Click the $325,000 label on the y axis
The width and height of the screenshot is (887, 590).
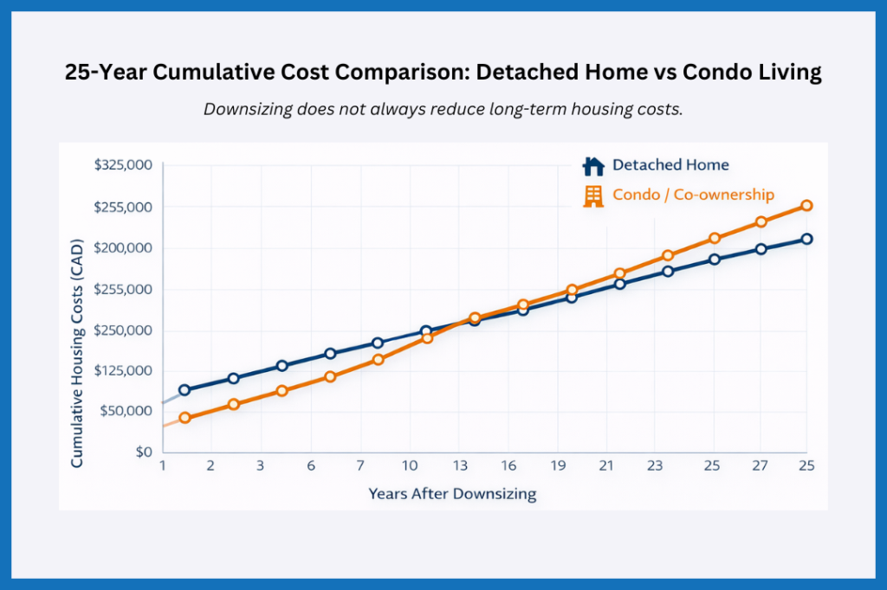point(122,165)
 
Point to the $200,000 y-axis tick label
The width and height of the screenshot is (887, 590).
point(122,248)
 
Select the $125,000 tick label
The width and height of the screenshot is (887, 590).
point(122,370)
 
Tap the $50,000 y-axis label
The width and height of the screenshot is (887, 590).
point(126,411)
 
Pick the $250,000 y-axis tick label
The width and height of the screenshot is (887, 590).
point(122,330)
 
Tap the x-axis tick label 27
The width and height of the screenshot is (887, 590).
point(760,465)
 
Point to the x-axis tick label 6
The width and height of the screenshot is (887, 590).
point(310,465)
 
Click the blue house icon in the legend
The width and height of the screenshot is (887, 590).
point(593,165)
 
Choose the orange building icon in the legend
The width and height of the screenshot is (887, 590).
point(593,196)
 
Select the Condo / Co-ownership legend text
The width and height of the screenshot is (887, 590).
point(693,196)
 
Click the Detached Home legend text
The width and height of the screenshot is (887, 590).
point(670,164)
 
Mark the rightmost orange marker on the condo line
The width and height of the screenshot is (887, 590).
point(806,206)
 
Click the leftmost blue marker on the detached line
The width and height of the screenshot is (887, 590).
point(185,390)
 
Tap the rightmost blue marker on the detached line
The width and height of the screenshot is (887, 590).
point(806,239)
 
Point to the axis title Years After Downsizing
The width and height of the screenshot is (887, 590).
point(452,494)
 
